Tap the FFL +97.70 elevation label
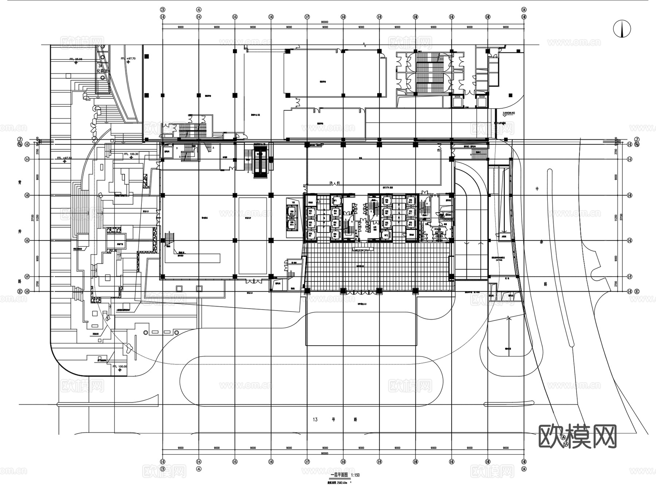[x=128, y=58]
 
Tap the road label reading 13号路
[x=335, y=419]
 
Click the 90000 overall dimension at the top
[x=324, y=22]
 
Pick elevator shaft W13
[x=292, y=213]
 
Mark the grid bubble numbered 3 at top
[x=163, y=9]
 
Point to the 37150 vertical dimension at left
[x=32, y=217]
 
